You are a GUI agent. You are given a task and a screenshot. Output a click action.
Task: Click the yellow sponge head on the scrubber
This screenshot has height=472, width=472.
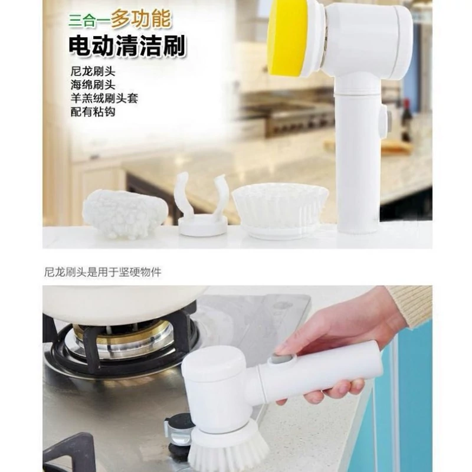pos(287,38)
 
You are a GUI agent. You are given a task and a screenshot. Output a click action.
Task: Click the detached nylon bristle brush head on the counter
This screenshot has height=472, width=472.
pos(280,211)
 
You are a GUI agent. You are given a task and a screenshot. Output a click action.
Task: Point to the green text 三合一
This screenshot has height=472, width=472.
pos(89,21)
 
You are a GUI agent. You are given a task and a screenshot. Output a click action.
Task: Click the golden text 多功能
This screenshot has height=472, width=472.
pos(140,19)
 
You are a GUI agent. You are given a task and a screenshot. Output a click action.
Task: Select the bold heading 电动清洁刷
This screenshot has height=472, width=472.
pos(127,46)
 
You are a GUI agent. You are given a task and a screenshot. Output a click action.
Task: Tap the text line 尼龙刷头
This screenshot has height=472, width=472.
pos(93,71)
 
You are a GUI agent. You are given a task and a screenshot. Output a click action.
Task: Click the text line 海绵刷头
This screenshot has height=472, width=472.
pos(93,84)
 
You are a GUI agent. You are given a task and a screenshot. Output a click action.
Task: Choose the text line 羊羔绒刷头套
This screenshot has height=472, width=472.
pos(104,98)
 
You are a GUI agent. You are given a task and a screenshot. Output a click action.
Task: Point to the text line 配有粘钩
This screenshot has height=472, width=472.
pos(93,112)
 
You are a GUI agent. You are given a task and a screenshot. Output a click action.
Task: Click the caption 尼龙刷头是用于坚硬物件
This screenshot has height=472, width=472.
pos(103,272)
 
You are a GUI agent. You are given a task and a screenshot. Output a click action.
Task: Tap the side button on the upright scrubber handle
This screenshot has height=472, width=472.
pos(383,120)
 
